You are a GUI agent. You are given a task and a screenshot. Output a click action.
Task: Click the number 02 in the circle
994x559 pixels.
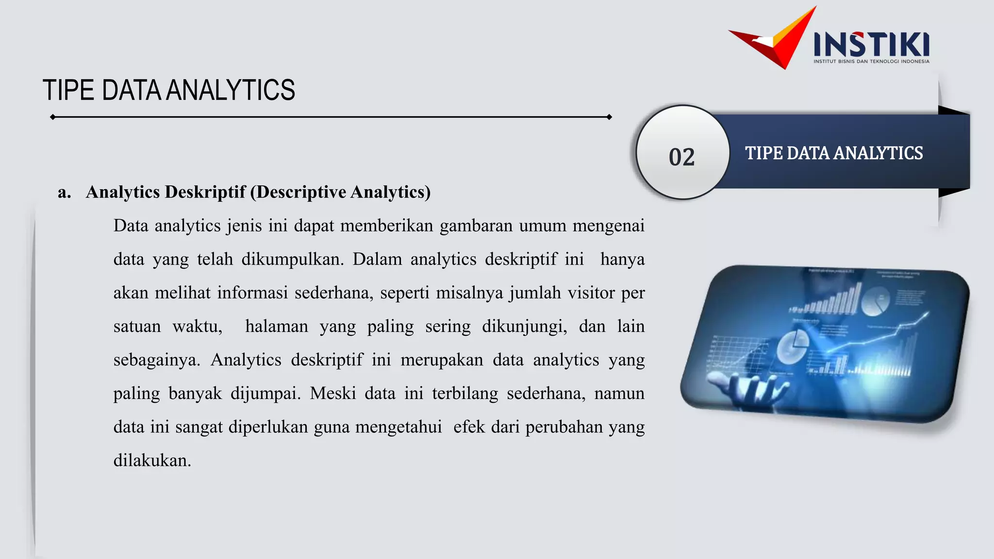(681, 157)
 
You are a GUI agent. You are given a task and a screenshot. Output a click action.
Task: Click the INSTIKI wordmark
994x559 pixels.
(871, 44)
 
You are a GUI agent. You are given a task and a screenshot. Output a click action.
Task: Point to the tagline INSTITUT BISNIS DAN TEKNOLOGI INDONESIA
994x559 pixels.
(871, 62)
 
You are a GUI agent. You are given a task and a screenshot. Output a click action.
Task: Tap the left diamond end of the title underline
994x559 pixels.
(52, 117)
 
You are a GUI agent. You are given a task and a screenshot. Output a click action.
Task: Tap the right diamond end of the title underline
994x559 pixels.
(609, 117)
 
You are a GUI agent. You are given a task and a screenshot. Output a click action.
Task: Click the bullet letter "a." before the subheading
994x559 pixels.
(64, 192)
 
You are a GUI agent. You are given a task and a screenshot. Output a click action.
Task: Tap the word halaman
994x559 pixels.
(277, 327)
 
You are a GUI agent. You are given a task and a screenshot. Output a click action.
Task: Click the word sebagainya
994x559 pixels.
(156, 360)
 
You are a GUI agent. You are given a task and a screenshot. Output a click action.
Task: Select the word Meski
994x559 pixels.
(333, 394)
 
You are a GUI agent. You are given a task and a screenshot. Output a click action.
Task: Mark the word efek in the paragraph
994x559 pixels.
(469, 427)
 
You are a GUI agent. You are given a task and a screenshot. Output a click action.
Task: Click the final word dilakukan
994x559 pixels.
(152, 460)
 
